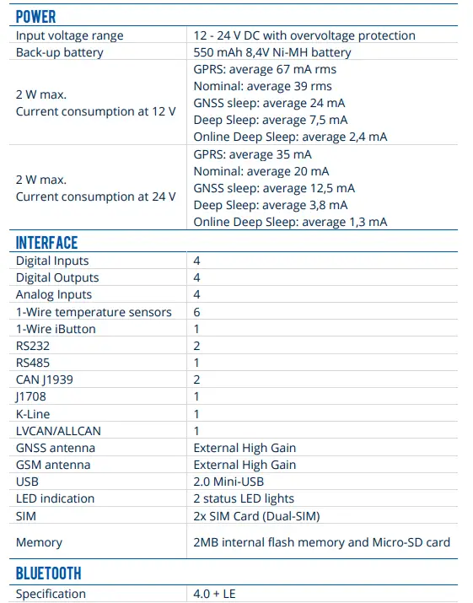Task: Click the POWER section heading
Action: (35, 16)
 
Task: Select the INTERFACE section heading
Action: (46, 243)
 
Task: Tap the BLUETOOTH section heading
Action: (49, 573)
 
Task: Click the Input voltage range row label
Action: (69, 35)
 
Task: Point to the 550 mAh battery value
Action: (271, 52)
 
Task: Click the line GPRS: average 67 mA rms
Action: (266, 69)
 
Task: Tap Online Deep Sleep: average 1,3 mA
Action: (290, 222)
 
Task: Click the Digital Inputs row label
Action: (52, 261)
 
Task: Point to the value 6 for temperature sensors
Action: (196, 312)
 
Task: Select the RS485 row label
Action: (33, 363)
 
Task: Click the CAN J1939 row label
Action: (45, 380)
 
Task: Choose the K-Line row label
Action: (33, 414)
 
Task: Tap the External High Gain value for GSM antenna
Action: (245, 465)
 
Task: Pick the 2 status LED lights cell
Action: (244, 498)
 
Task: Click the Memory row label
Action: (39, 543)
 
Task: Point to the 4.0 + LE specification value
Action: (214, 594)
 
